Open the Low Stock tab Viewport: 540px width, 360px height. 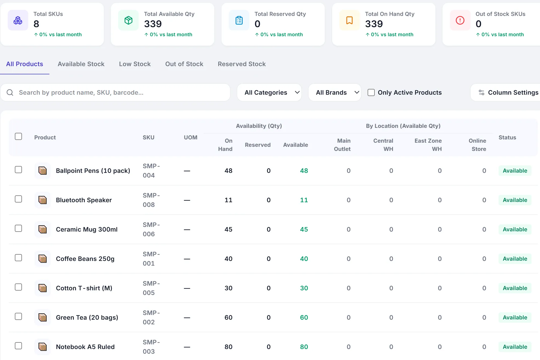point(135,64)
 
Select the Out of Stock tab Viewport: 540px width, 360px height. point(184,64)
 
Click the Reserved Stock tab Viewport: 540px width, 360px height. point(242,64)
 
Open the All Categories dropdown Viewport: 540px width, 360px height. point(269,92)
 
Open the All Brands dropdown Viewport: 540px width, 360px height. point(335,92)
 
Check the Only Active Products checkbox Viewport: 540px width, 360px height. point(371,92)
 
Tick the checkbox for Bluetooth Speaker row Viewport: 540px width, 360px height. point(18,199)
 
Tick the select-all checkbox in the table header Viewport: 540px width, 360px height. point(18,136)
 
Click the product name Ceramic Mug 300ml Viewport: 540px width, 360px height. point(87,229)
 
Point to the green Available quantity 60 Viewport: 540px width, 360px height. point(304,317)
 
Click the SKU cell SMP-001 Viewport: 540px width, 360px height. point(151,259)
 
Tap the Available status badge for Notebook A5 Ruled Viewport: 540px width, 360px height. point(515,347)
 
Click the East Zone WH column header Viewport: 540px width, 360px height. point(428,145)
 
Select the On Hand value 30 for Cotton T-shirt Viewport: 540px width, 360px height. point(228,288)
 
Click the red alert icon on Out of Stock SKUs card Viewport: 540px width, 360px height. point(460,20)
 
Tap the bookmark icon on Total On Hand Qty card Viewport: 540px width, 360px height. point(349,20)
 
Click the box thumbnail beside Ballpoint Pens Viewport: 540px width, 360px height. point(43,171)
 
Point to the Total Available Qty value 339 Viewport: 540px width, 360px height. point(153,24)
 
